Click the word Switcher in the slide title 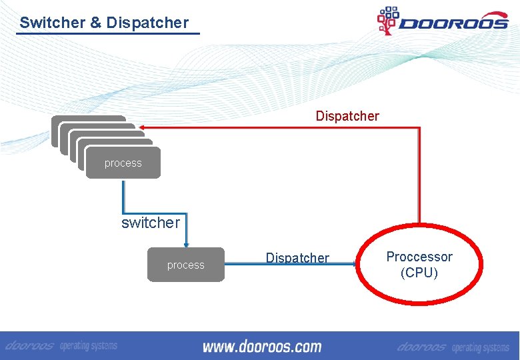point(52,23)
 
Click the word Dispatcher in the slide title point(147,23)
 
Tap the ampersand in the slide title point(96,23)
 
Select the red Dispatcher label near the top point(347,116)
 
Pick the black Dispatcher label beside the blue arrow point(297,257)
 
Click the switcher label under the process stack point(151,223)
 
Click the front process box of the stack point(123,163)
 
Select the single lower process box point(185,265)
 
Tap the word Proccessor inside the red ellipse point(419,257)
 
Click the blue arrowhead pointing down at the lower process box point(186,244)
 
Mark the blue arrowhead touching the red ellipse point(355,264)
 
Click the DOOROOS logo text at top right point(453,23)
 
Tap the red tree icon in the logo point(387,20)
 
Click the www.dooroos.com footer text point(261,347)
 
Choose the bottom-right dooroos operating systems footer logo point(453,347)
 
